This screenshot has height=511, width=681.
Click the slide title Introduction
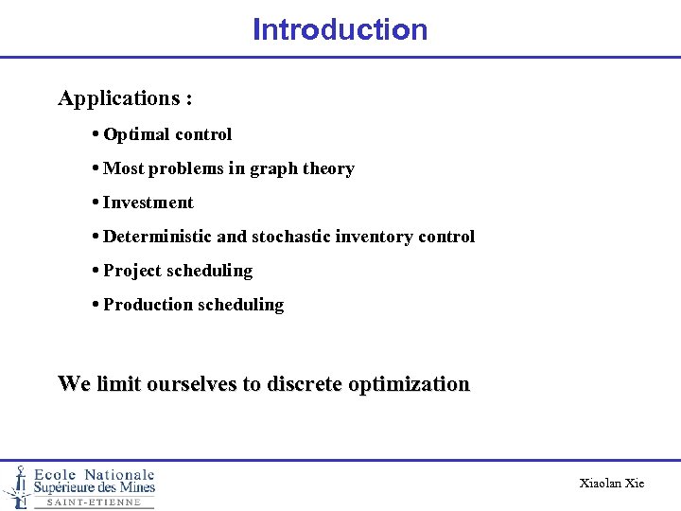coord(340,29)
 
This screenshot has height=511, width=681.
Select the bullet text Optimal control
coord(167,134)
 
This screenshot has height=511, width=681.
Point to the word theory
coord(328,168)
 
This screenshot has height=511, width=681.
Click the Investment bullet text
coord(148,203)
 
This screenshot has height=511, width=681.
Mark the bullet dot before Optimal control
coord(97,134)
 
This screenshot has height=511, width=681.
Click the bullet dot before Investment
coord(97,203)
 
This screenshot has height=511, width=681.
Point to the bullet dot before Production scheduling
coord(97,305)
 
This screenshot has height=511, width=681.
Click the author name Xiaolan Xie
coord(611,484)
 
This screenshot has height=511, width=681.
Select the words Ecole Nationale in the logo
coord(95,474)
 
